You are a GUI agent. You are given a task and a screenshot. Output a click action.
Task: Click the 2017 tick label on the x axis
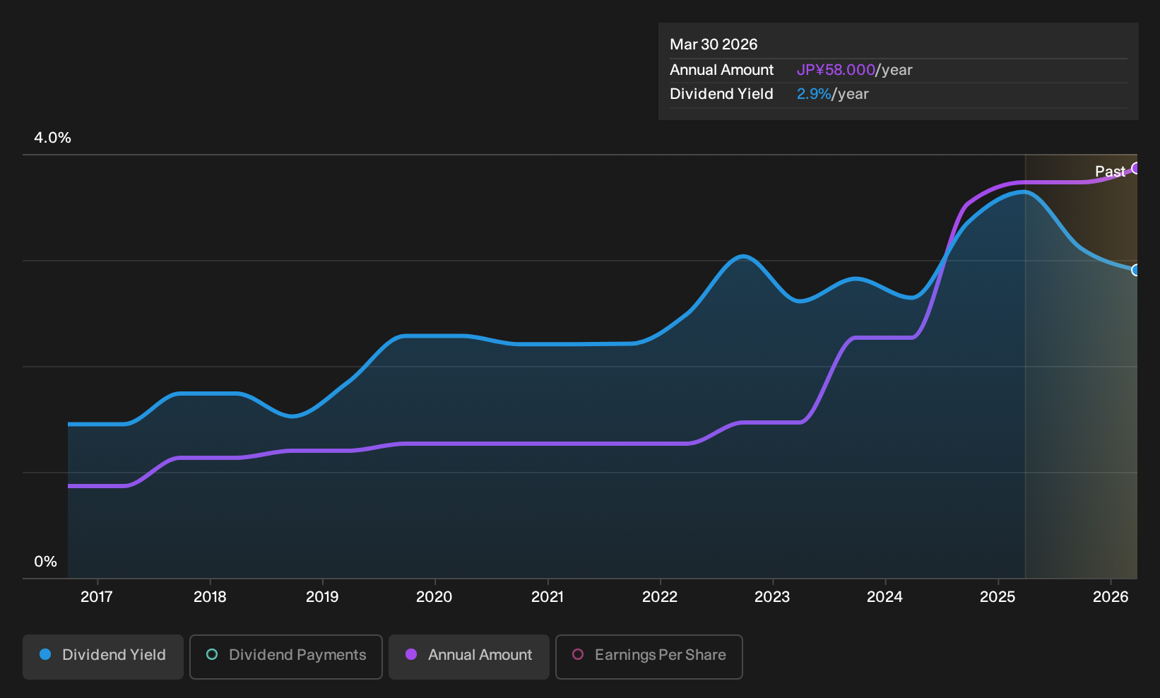tap(97, 597)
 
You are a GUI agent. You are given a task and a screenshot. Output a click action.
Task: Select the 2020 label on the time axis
tap(434, 597)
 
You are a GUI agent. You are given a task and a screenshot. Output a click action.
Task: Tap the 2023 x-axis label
tap(772, 597)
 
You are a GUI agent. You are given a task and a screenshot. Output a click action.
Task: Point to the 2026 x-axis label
tap(1111, 597)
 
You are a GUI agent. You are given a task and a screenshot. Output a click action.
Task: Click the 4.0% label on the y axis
tap(52, 138)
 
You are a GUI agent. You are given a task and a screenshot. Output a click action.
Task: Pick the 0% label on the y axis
tap(46, 562)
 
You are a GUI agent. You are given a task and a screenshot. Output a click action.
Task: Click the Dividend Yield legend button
tap(103, 656)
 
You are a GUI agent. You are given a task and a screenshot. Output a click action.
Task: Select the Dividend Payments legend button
tap(286, 656)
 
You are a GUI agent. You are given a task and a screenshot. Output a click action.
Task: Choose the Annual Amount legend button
tap(468, 656)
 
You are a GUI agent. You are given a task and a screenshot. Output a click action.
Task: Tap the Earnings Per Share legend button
tap(649, 656)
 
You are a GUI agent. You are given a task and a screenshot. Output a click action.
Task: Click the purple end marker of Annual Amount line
tap(1136, 168)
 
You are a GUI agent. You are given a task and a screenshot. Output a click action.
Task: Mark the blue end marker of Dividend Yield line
tap(1136, 270)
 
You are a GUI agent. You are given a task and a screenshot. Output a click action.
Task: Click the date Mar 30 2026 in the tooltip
tap(713, 45)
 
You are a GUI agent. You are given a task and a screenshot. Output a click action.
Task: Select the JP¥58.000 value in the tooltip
tap(835, 70)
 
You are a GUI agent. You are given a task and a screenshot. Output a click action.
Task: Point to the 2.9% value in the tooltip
tap(814, 94)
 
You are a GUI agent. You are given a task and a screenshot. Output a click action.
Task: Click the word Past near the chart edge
tap(1110, 172)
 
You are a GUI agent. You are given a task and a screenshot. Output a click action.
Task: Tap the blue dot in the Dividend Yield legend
tap(46, 654)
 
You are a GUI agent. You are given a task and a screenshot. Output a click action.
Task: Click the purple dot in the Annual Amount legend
tap(411, 654)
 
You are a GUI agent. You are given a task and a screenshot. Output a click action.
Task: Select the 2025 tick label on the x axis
tap(998, 597)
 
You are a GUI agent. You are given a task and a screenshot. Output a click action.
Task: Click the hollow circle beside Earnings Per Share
tap(578, 654)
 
